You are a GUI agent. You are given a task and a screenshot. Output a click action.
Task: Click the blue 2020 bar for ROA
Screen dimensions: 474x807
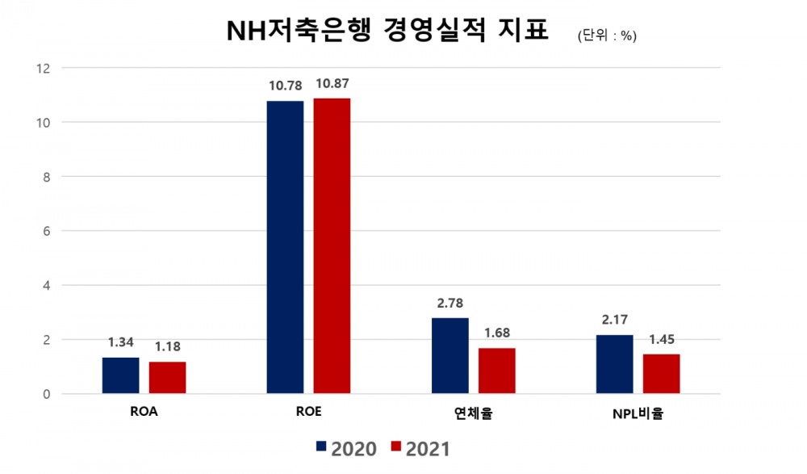(120, 375)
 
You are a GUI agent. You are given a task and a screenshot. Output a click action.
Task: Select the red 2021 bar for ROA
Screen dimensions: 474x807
(167, 378)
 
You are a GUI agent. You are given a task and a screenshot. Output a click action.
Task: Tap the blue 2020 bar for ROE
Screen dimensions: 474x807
(285, 247)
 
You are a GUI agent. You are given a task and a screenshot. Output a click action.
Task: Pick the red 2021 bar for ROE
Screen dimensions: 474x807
(332, 246)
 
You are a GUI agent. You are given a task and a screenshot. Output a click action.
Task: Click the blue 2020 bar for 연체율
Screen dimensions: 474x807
(449, 356)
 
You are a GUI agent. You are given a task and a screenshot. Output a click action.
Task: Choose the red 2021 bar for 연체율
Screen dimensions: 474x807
(496, 371)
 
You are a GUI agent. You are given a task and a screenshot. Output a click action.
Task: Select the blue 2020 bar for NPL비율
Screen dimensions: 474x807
(614, 364)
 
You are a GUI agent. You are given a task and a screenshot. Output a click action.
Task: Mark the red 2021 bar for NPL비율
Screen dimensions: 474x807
(661, 374)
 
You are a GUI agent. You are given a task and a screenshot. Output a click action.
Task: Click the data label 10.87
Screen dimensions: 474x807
(332, 84)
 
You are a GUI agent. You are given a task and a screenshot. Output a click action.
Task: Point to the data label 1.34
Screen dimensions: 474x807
(120, 342)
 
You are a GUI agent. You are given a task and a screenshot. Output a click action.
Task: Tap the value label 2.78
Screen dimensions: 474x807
(449, 303)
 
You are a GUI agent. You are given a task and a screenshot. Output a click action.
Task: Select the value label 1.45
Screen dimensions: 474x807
(661, 339)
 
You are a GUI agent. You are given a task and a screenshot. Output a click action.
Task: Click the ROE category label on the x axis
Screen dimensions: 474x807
(308, 412)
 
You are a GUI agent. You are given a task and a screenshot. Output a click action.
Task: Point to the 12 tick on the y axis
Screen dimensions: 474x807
(44, 69)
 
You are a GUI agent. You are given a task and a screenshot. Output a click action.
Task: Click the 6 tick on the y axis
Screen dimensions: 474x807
(46, 231)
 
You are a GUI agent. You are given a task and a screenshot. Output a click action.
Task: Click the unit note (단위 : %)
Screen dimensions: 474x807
(607, 36)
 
